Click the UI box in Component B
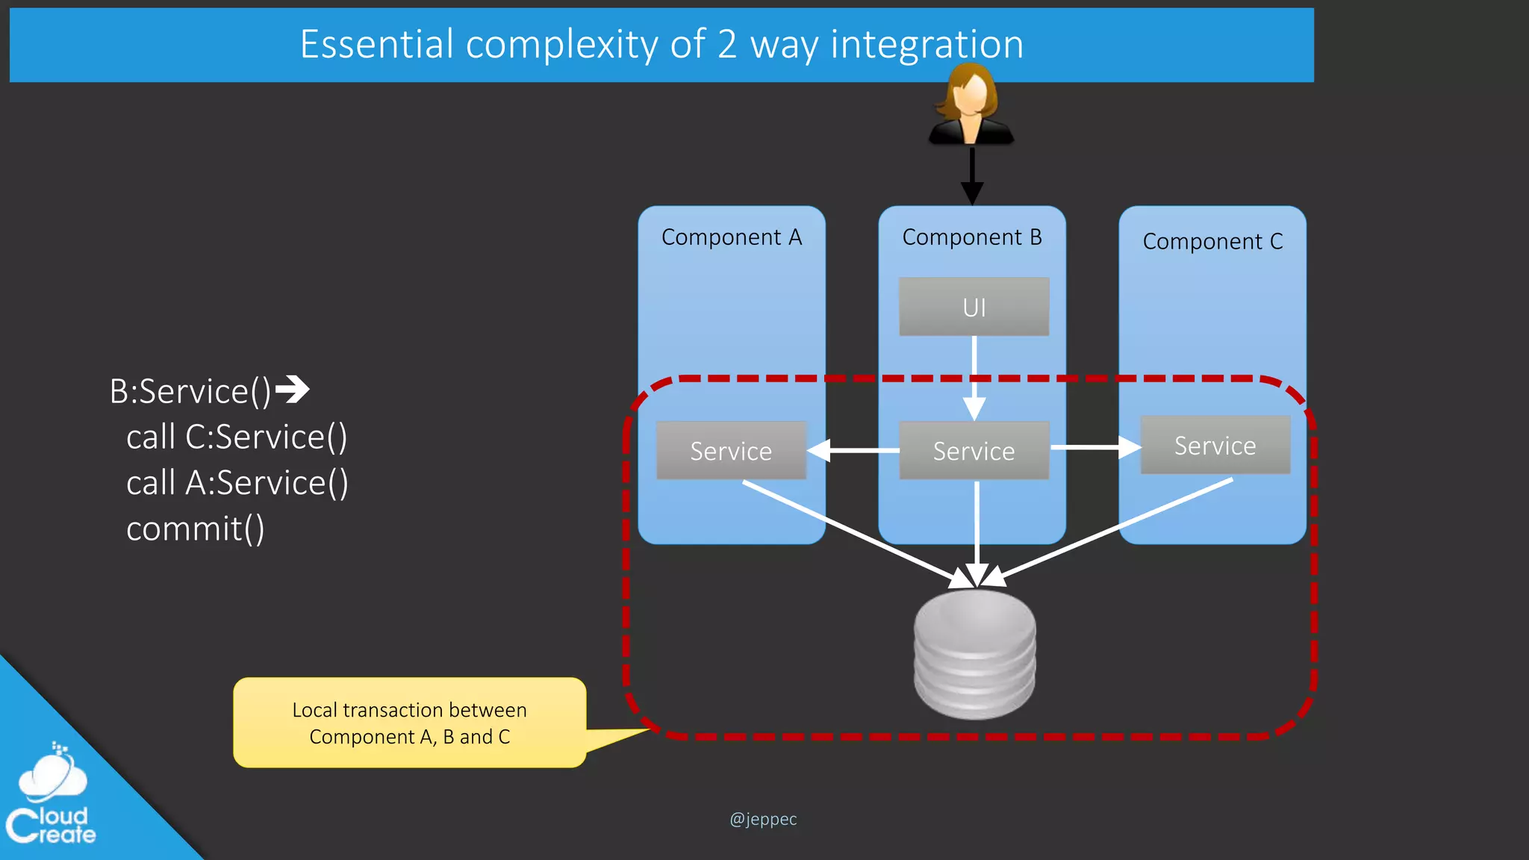point(974,307)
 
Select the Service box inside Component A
point(731,450)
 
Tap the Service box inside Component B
point(974,450)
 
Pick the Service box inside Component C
point(1215,445)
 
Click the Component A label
point(731,237)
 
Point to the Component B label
point(971,237)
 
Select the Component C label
point(1212,242)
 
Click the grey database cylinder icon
point(974,653)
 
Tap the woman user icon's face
point(971,96)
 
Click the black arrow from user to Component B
point(971,175)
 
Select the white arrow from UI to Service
point(974,377)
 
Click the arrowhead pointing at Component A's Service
point(820,450)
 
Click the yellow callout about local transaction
point(409,723)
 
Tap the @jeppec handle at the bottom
point(763,819)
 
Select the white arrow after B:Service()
point(292,389)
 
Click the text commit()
point(195,529)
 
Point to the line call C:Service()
point(237,437)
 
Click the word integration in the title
point(927,44)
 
